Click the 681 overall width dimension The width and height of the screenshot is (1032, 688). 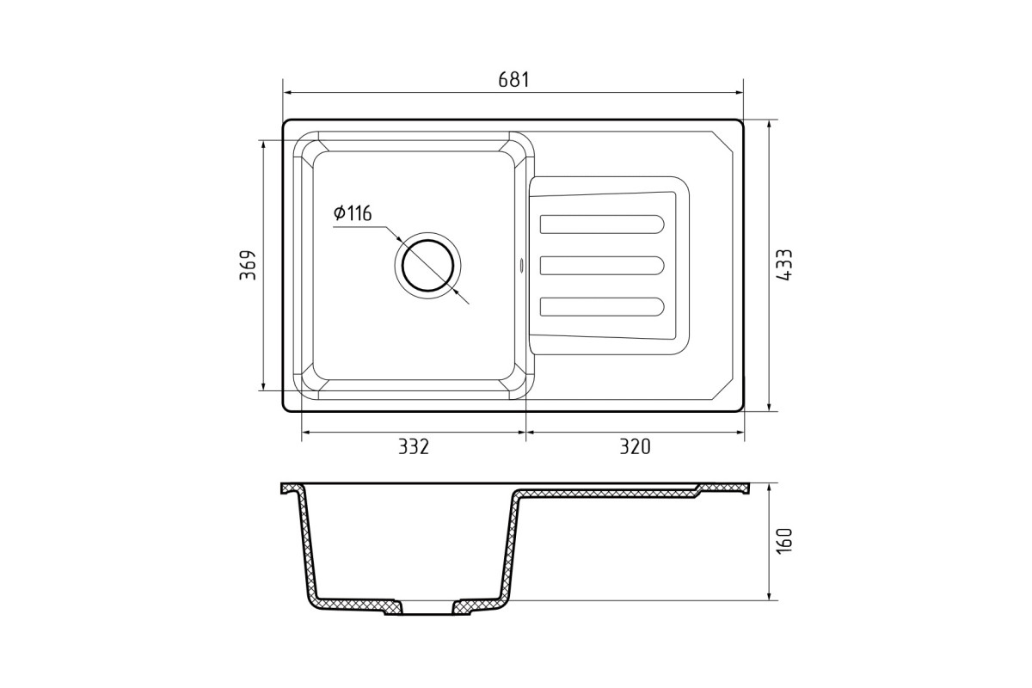click(x=513, y=80)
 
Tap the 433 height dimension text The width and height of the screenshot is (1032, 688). click(x=783, y=265)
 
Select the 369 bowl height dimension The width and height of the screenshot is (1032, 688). click(x=248, y=265)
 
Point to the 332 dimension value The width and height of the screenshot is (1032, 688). click(x=414, y=446)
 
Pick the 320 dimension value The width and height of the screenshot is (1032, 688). click(x=635, y=446)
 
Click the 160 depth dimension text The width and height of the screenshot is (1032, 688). click(x=783, y=541)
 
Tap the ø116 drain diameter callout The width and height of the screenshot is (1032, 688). click(x=353, y=213)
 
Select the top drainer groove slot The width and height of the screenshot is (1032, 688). click(x=602, y=224)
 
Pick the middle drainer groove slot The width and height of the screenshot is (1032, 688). click(x=602, y=266)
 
